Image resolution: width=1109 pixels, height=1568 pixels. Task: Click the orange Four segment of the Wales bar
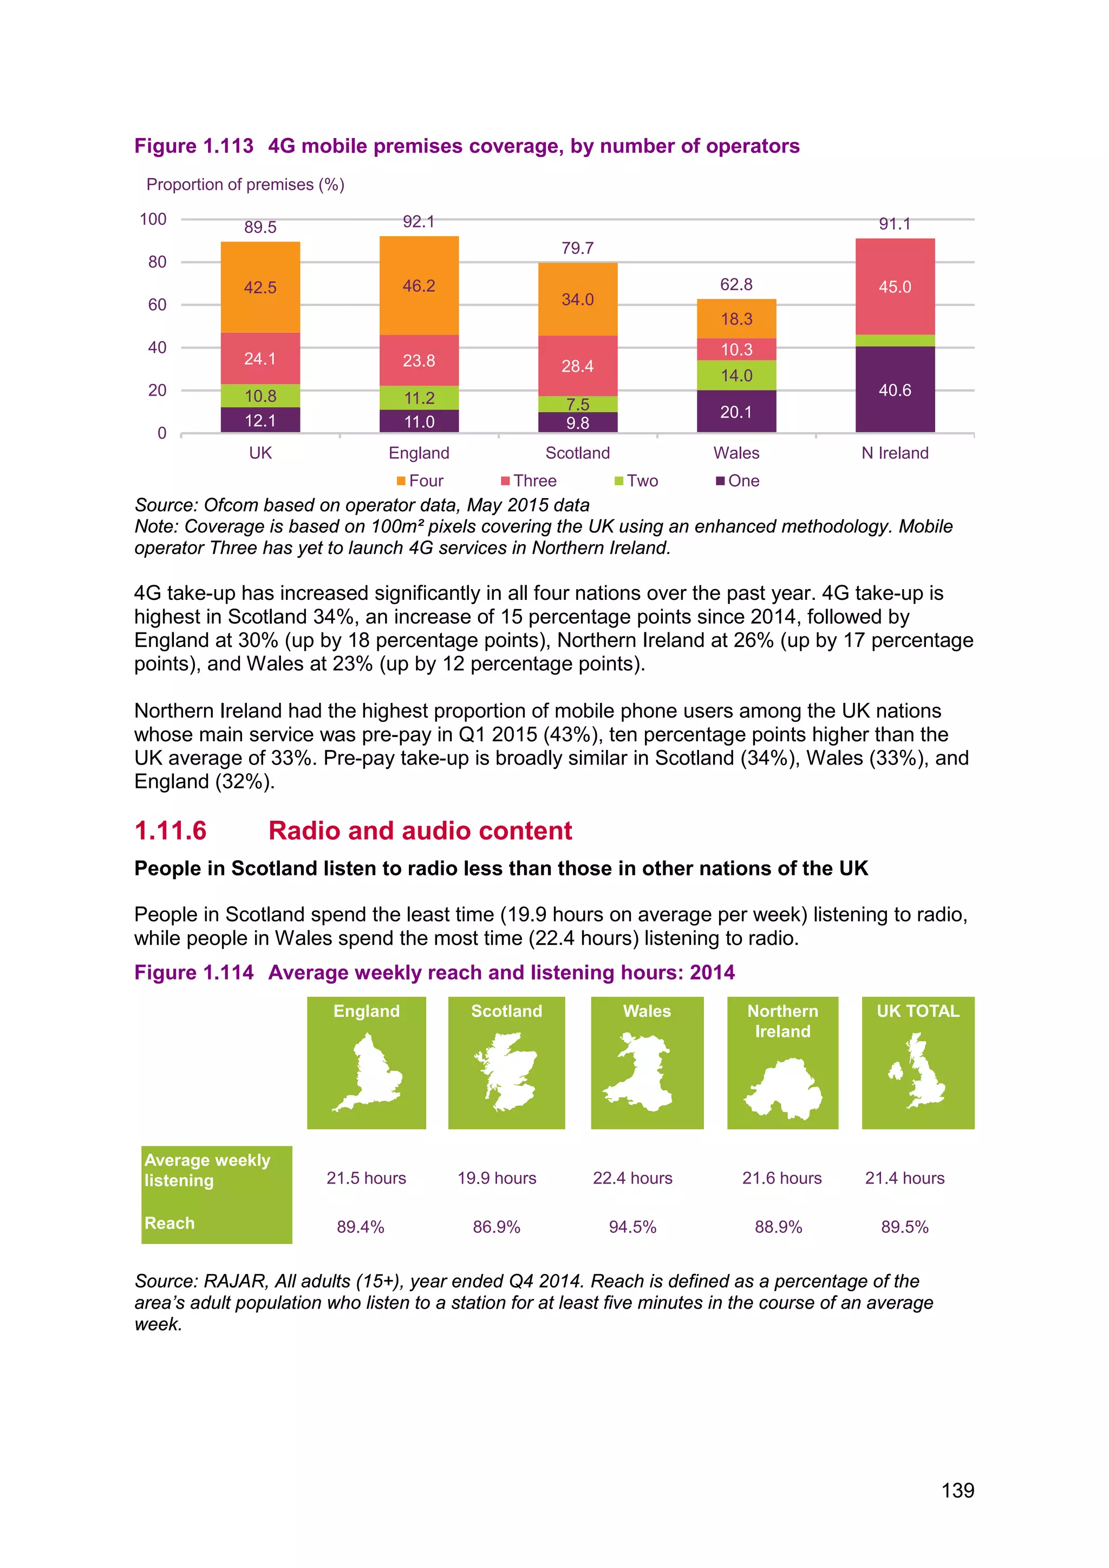tap(736, 319)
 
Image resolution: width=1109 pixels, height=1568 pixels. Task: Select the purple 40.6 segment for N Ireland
tap(895, 389)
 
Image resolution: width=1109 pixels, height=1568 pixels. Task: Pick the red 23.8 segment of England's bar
tap(419, 361)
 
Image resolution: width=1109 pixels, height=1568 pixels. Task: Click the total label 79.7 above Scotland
tap(578, 248)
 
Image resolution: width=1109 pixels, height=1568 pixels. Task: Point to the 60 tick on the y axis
tap(157, 305)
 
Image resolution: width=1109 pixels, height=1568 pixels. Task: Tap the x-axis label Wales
tap(736, 453)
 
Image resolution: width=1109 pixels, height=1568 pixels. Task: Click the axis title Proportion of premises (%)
tap(245, 185)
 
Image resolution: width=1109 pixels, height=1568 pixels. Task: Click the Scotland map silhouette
tap(506, 1072)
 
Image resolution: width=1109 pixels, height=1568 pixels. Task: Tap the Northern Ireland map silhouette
tap(782, 1088)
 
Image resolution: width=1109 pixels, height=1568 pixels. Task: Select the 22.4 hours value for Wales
tap(632, 1178)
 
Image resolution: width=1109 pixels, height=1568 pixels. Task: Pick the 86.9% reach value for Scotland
tap(497, 1227)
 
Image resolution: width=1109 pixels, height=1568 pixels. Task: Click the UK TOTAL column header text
tap(918, 1011)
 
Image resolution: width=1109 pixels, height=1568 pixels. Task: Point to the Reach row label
tap(169, 1223)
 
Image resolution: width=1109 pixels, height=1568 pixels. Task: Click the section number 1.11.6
tap(170, 831)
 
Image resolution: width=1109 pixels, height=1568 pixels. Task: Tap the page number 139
tap(957, 1490)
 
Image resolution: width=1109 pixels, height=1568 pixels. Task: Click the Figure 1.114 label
tap(194, 972)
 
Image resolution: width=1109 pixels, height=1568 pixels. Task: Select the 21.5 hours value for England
tap(366, 1178)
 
